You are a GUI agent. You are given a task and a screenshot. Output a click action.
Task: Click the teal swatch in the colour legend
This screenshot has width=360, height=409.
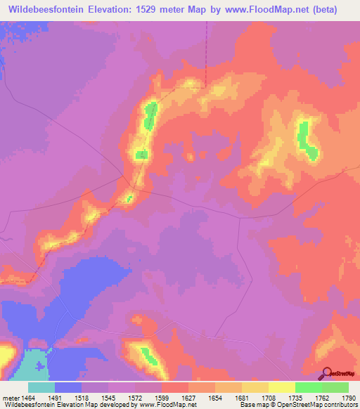pos(41,387)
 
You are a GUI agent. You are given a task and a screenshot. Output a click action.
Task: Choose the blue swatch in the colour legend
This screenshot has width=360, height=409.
pos(68,387)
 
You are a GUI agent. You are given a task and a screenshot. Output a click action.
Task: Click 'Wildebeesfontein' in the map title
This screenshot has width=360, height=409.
pos(46,10)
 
